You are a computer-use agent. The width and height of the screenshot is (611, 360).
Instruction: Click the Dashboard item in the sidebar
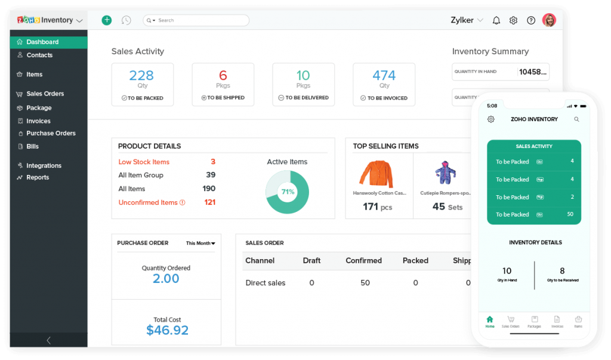coord(42,42)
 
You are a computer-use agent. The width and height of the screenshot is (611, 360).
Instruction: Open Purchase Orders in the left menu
coord(50,133)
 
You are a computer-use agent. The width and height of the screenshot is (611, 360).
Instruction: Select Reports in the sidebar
coord(37,177)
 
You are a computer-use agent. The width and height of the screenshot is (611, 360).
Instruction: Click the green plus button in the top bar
coord(107,20)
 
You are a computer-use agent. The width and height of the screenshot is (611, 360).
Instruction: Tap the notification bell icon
coord(496,20)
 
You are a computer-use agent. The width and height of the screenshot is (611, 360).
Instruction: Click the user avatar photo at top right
coord(549,20)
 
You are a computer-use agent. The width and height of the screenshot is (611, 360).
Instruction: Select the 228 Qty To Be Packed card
coord(142,84)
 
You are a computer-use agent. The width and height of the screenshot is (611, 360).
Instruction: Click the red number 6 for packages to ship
coord(223,75)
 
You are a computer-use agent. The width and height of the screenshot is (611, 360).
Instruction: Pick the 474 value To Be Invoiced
coord(384,75)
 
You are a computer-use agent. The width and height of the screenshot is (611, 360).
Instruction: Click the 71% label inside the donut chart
coord(287,192)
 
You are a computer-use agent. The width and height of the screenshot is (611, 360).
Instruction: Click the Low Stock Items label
coord(144,162)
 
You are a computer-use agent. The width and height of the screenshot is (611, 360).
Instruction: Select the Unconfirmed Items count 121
coord(209,202)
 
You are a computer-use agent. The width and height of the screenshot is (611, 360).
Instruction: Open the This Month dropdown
coord(200,243)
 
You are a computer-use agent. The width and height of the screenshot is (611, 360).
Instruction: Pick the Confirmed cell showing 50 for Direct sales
coord(365,283)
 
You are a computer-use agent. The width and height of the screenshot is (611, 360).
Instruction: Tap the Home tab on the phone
coord(490,322)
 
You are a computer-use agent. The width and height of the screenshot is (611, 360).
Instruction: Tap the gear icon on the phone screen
coord(490,119)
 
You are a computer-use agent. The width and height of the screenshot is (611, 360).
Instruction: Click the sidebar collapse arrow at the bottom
coord(48,340)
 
